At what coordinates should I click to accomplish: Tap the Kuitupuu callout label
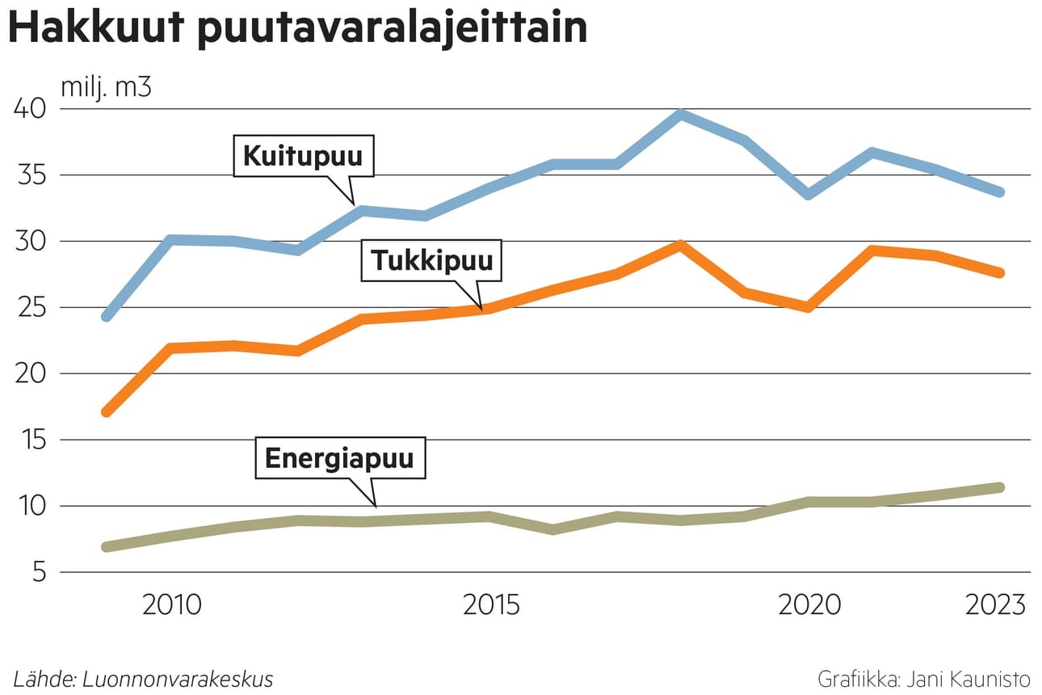pos(304,155)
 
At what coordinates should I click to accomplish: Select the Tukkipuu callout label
pos(431,260)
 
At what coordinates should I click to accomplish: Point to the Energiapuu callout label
pos(339,459)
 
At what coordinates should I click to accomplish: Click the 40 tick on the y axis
pos(31,108)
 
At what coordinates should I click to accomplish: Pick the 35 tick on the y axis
pos(31,175)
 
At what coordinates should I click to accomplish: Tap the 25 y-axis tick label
pos(31,307)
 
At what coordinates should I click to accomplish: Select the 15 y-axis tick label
pos(31,440)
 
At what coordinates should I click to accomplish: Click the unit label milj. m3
pos(106,86)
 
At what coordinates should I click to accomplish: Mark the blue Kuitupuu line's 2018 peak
pos(681,114)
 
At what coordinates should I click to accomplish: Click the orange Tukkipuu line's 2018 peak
pos(681,244)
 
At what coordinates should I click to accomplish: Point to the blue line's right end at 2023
pos(999,192)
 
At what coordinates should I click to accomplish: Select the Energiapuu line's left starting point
pos(106,547)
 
